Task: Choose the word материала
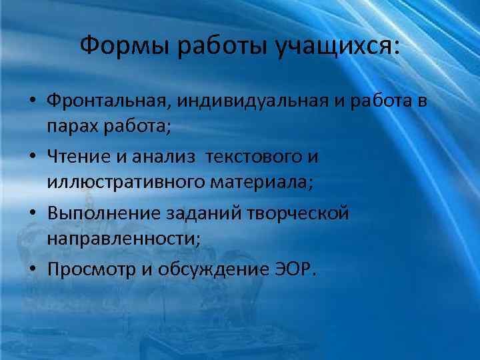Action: point(254,181)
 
